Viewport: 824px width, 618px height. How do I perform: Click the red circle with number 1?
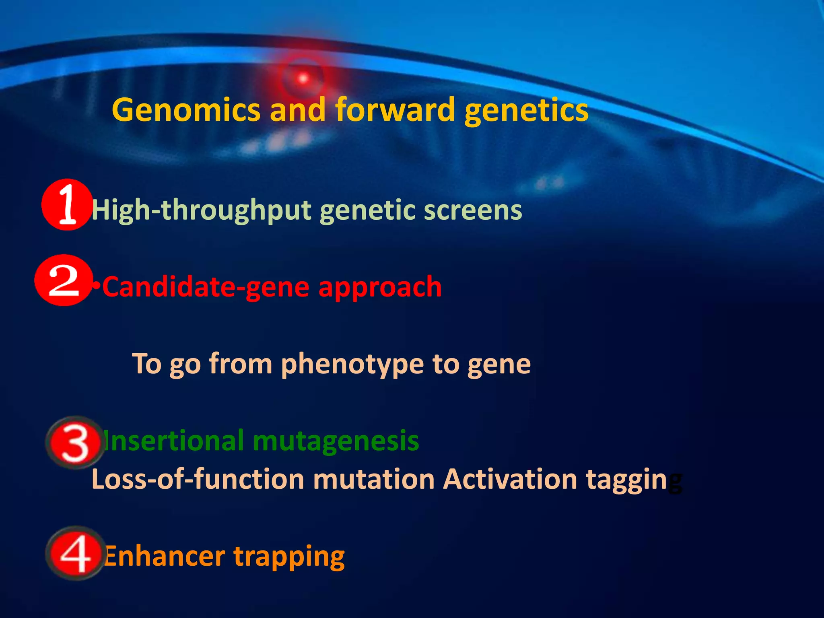[67, 204]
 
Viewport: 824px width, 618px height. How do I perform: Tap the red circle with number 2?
[64, 280]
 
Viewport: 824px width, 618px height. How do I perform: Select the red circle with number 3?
[75, 443]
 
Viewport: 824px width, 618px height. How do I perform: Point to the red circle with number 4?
[75, 553]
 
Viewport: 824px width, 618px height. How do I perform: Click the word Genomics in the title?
[186, 110]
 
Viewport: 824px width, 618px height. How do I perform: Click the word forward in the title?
[395, 110]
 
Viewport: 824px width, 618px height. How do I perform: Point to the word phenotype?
[352, 365]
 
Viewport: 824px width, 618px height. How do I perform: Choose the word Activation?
[510, 479]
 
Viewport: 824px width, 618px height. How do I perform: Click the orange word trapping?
[289, 558]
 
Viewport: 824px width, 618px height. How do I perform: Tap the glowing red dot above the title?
[303, 78]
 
